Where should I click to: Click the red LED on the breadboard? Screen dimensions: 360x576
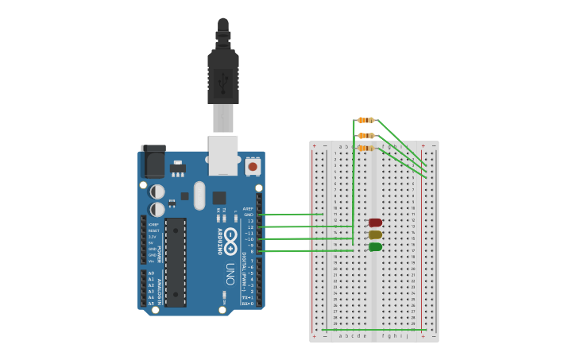click(375, 223)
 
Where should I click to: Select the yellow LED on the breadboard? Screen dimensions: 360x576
click(375, 234)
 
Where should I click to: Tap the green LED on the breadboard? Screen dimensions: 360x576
click(375, 247)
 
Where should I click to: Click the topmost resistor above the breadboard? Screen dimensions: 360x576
click(365, 120)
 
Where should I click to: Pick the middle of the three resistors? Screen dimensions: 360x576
click(365, 135)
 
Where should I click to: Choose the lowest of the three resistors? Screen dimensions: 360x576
click(365, 148)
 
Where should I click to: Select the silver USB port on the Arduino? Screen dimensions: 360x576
click(223, 154)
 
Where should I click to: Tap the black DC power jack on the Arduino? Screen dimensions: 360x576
click(153, 162)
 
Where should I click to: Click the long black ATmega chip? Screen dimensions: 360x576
click(176, 262)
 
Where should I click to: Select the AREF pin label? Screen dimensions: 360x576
click(248, 208)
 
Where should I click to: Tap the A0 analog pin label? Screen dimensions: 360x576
click(151, 273)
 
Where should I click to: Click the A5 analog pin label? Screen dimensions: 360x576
click(151, 304)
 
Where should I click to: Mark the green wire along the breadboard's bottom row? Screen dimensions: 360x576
click(373, 329)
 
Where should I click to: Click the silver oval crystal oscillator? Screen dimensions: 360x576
click(199, 195)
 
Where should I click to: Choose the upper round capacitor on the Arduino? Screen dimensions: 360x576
click(157, 192)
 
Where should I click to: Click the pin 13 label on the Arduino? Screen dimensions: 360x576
click(249, 221)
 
